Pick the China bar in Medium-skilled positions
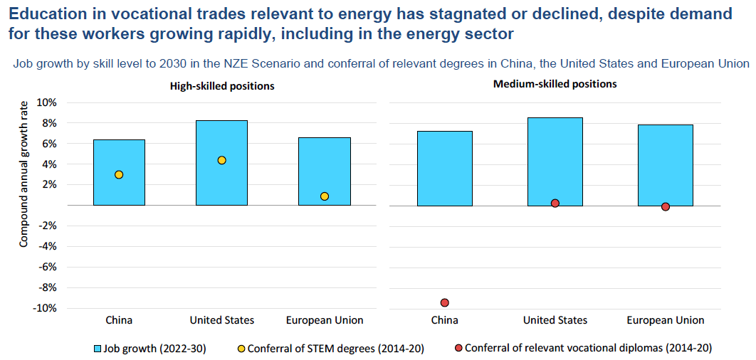click(445, 168)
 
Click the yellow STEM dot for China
click(119, 174)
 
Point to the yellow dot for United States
click(221, 160)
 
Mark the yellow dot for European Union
click(325, 196)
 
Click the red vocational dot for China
click(445, 302)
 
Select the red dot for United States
click(555, 203)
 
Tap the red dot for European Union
click(666, 207)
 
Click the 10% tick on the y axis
click(46, 102)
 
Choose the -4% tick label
click(46, 247)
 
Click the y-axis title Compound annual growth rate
click(23, 174)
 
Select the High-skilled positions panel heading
click(221, 85)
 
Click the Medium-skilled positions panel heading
click(555, 84)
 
